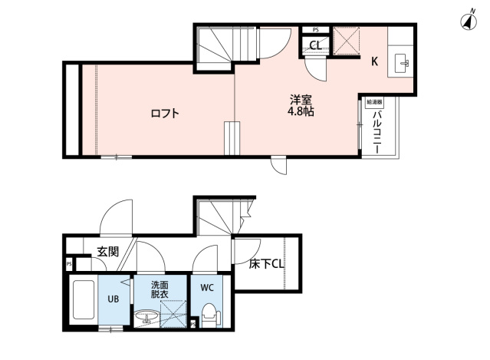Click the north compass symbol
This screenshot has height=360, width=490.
click(x=466, y=21)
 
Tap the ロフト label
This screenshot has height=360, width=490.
click(x=164, y=114)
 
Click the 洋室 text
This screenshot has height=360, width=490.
click(x=300, y=99)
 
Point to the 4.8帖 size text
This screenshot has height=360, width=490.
click(x=301, y=112)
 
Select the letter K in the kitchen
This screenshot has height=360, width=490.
click(x=375, y=62)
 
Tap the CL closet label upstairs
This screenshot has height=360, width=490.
click(x=314, y=45)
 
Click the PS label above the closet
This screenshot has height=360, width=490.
click(x=315, y=30)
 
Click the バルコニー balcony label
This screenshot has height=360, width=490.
click(x=377, y=131)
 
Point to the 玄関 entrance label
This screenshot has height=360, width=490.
click(x=107, y=250)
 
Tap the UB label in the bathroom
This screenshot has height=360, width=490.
click(x=111, y=299)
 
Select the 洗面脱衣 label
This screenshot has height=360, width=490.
click(x=161, y=289)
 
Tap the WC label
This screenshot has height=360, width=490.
click(x=206, y=288)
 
